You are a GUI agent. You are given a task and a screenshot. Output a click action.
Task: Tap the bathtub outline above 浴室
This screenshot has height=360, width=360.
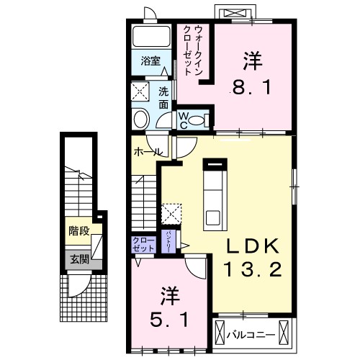click(x=149, y=37)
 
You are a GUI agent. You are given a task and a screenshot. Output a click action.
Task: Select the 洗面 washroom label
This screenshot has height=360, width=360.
click(x=163, y=97)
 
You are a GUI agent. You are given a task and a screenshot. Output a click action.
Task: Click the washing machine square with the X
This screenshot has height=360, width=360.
click(x=140, y=91)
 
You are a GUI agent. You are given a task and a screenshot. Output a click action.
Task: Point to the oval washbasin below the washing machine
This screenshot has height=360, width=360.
click(x=141, y=118)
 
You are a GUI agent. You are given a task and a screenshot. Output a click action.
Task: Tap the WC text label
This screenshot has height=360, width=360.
click(x=184, y=119)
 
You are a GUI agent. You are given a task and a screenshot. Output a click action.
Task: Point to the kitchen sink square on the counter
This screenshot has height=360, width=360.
click(x=214, y=216)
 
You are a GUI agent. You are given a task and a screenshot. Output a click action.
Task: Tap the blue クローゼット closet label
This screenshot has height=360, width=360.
click(x=143, y=244)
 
